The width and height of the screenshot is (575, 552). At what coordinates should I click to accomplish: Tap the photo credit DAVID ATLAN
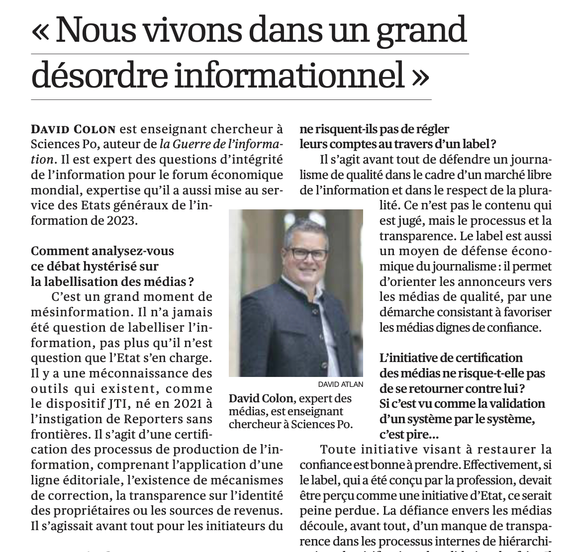tap(341, 384)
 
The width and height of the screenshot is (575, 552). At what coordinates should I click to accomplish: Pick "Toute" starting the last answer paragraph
tap(337, 450)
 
